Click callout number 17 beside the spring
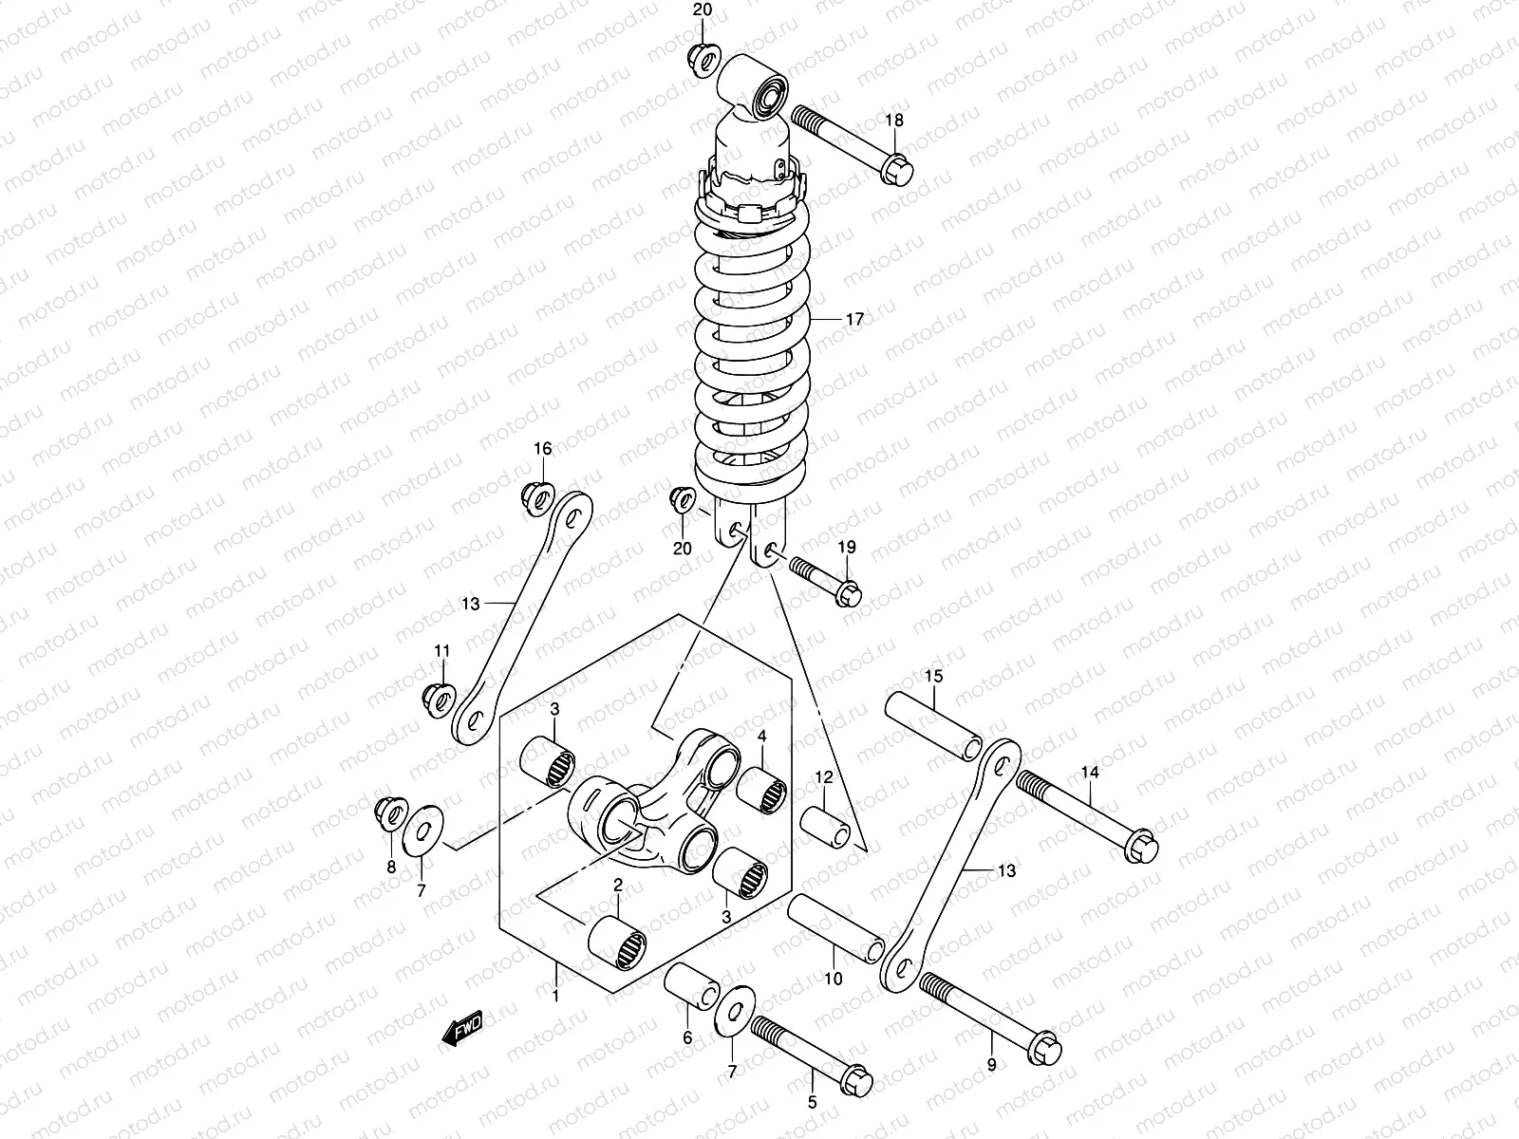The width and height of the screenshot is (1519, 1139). (854, 320)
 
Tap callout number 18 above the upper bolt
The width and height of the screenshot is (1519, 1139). (894, 121)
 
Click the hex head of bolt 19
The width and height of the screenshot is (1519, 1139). (850, 594)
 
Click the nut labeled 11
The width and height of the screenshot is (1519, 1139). (437, 697)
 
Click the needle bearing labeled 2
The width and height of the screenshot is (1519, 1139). (618, 943)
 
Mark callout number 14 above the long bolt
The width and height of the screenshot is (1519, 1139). (1090, 773)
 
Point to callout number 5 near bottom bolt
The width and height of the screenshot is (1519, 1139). (813, 1104)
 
